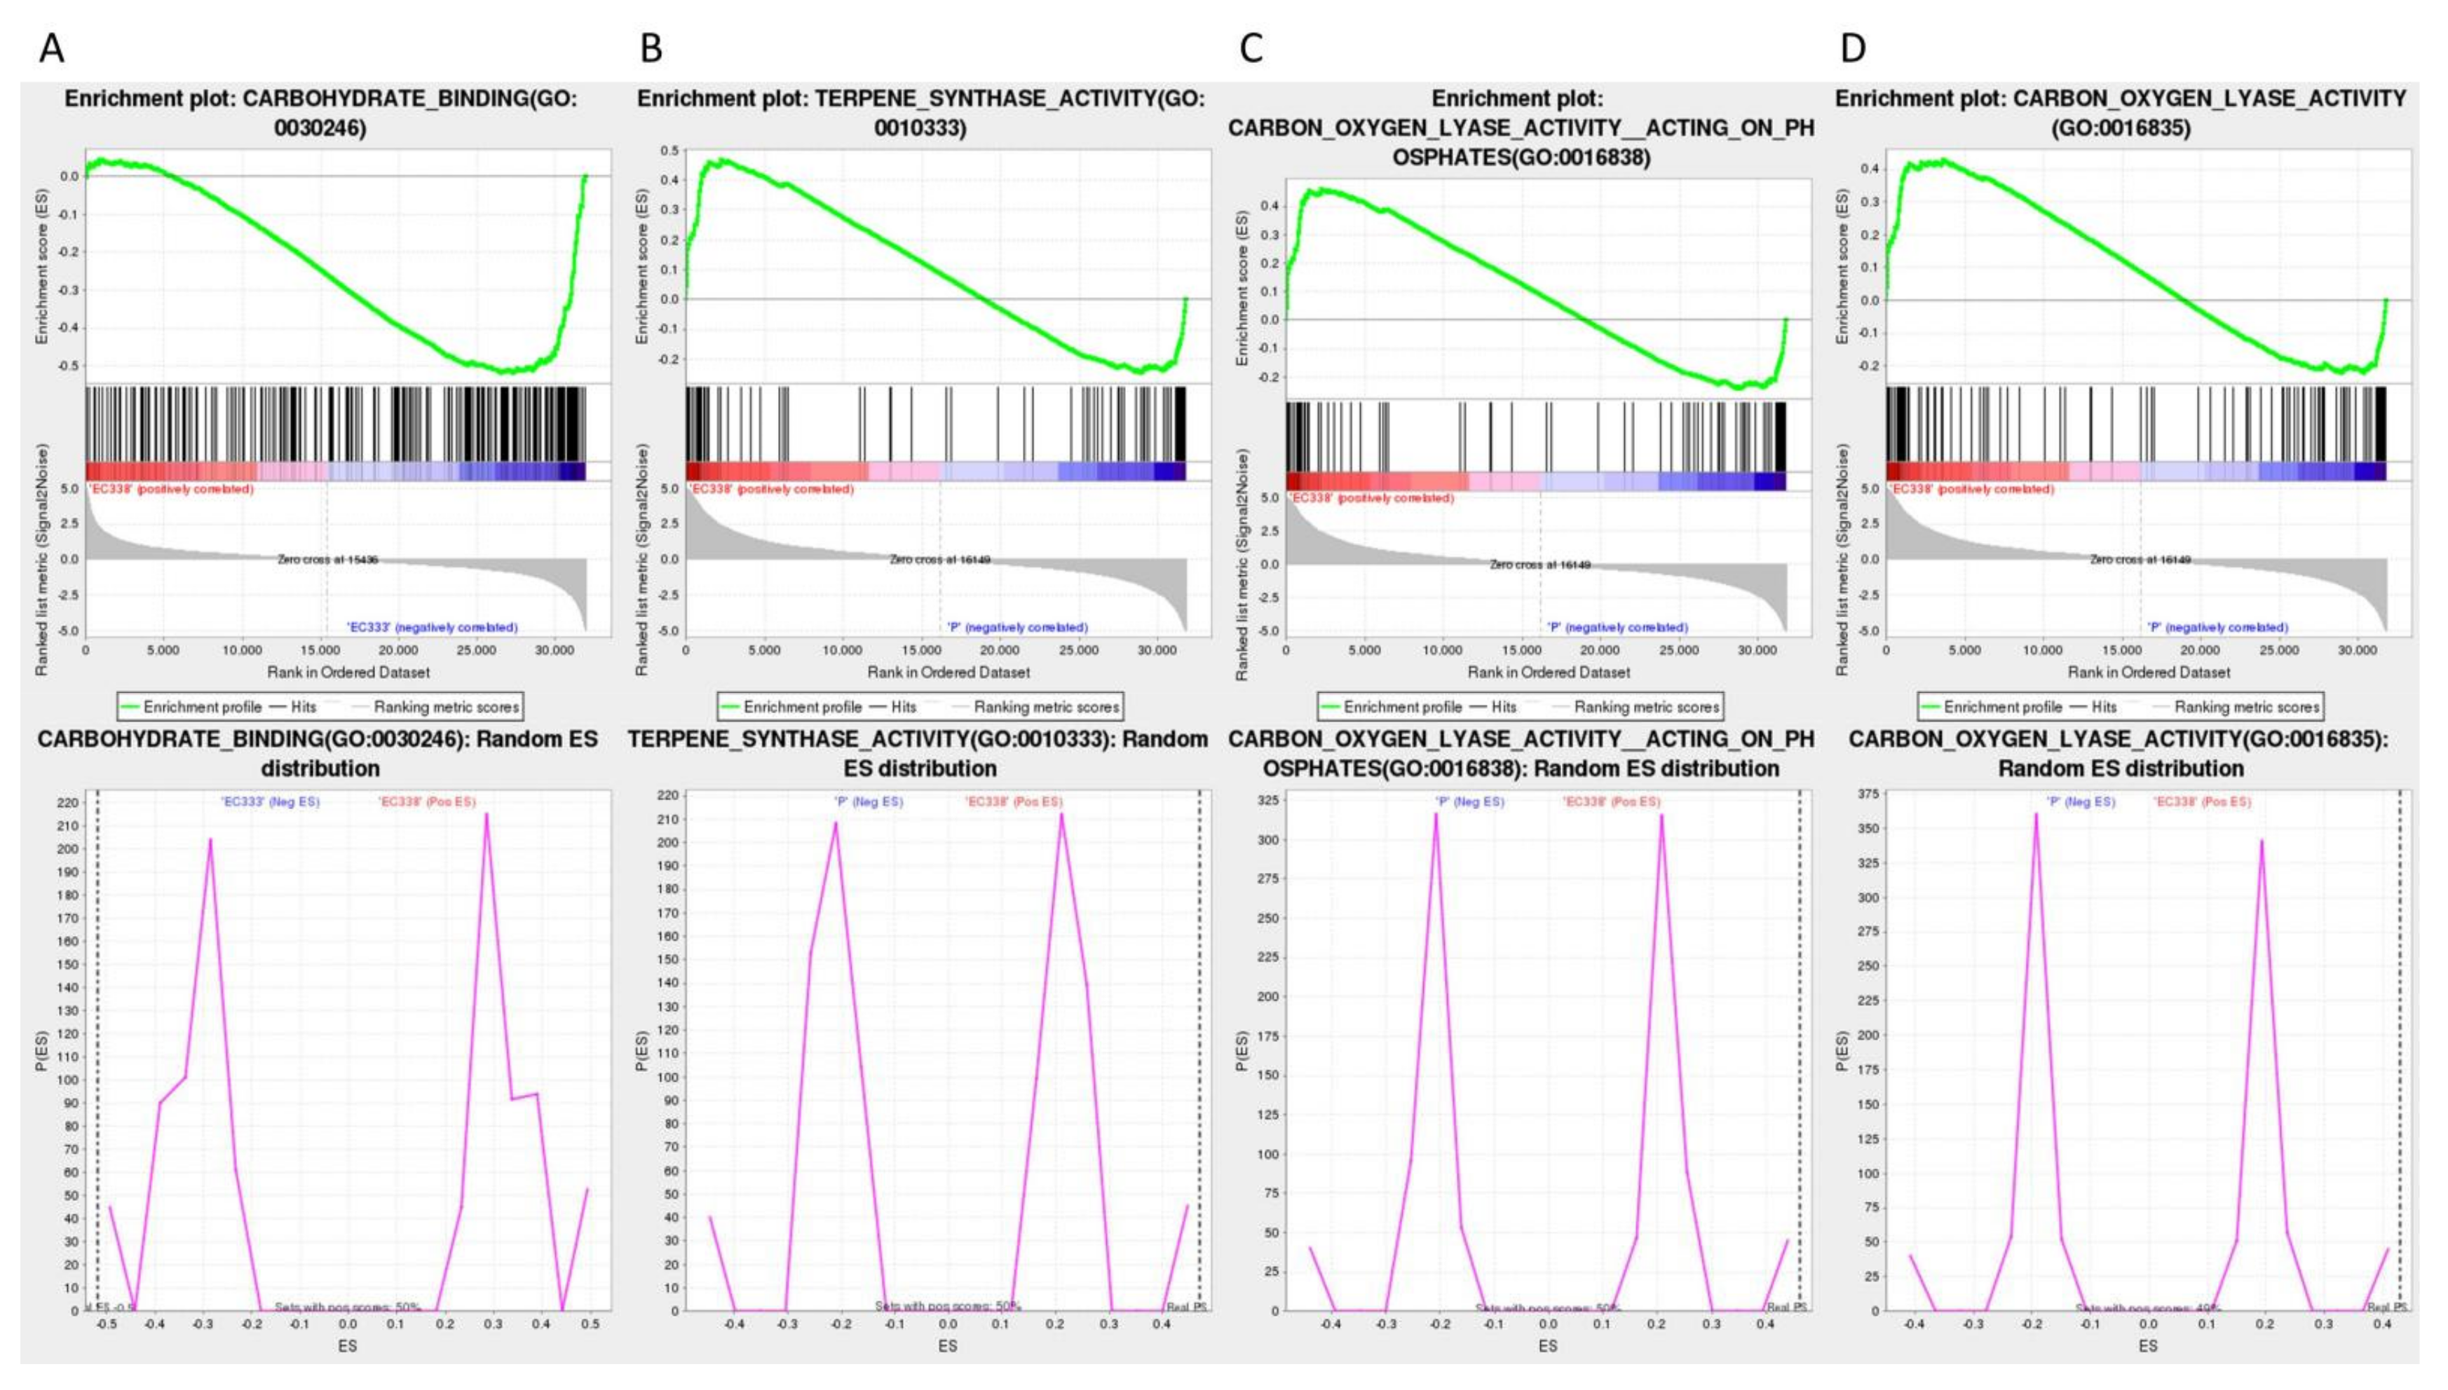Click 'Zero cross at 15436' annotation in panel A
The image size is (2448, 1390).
(327, 560)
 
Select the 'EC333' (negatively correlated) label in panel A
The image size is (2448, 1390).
(432, 627)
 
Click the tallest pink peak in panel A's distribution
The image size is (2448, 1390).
(486, 814)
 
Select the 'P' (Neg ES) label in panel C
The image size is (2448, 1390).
(1469, 802)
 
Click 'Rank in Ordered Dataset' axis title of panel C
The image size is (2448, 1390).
(1549, 672)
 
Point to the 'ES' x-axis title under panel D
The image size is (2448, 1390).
(2147, 1346)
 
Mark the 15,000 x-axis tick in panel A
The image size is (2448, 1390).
(320, 650)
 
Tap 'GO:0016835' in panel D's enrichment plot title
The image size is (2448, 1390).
(2121, 127)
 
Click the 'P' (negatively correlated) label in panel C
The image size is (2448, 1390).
(1617, 627)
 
